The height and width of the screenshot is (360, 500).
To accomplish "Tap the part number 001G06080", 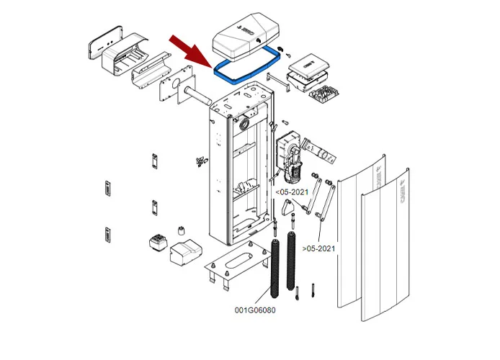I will click(x=255, y=310).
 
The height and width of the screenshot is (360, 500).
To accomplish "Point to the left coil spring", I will click(x=274, y=266).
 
